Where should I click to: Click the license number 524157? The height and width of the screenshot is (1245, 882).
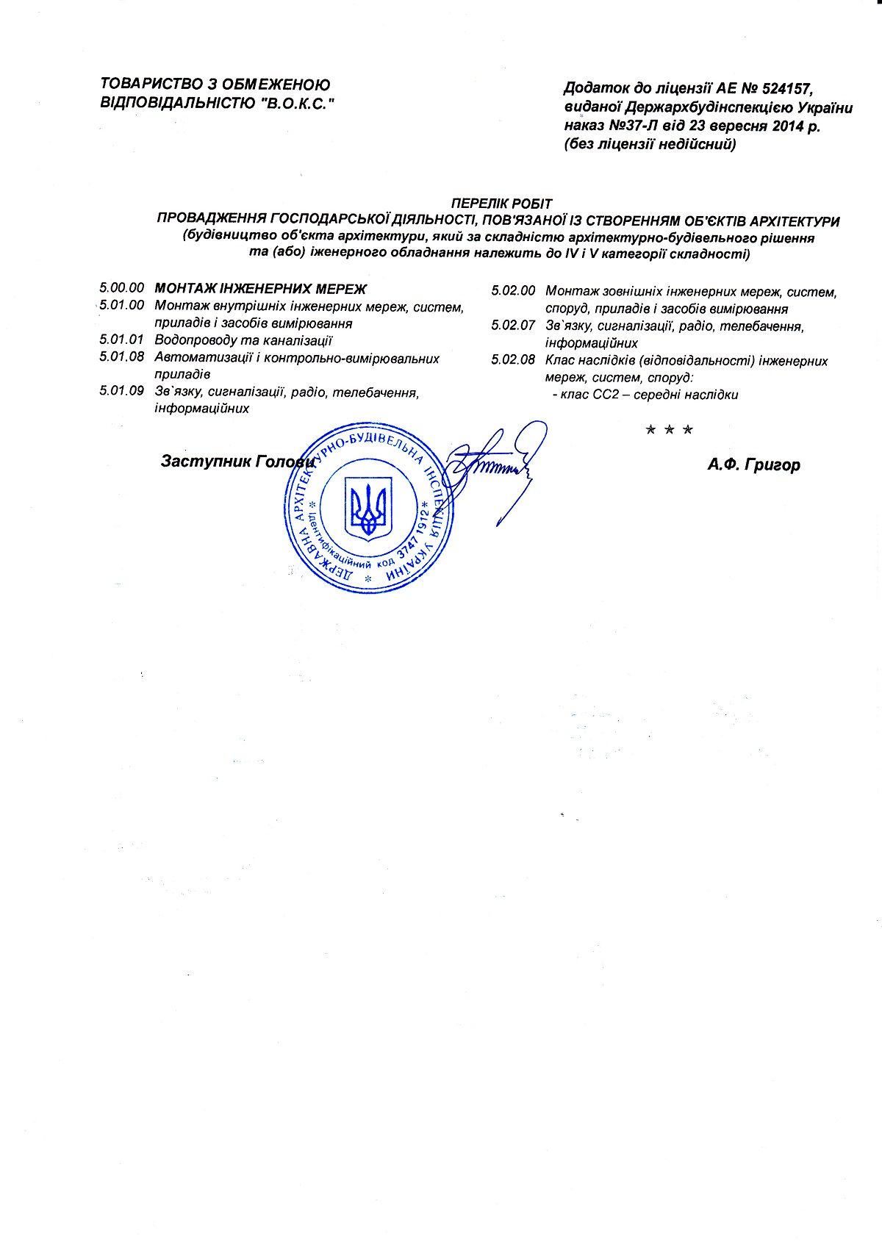tap(786, 89)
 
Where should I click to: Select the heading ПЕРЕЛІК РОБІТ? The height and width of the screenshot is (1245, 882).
tap(501, 204)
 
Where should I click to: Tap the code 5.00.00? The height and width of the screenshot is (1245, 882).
tap(122, 288)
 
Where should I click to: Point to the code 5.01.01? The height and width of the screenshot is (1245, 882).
tap(122, 340)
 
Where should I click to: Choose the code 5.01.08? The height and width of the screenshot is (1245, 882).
tap(122, 358)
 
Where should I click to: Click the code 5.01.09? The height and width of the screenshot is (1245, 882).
tap(122, 392)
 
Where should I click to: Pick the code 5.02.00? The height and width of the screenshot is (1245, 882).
tap(513, 291)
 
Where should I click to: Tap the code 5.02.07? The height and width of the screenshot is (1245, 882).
tap(513, 326)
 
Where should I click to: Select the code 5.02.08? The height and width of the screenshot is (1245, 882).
tap(513, 361)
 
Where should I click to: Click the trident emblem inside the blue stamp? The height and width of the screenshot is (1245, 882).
tap(368, 508)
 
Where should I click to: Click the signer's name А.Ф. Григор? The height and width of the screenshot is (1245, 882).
tap(753, 464)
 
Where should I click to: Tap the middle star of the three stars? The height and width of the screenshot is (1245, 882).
tap(669, 430)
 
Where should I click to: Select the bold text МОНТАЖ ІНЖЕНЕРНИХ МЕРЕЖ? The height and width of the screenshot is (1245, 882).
tap(260, 289)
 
